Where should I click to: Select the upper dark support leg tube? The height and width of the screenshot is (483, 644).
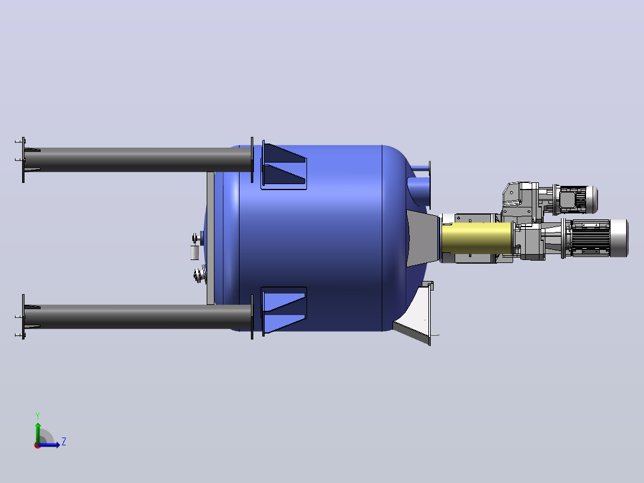pyautogui.click(x=138, y=160)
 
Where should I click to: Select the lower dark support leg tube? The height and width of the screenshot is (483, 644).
pyautogui.click(x=138, y=316)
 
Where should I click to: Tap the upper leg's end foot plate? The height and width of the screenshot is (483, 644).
pyautogui.click(x=23, y=160)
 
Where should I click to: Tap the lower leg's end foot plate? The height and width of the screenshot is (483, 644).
pyautogui.click(x=23, y=316)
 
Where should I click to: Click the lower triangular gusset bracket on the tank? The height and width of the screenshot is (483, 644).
pyautogui.click(x=284, y=310)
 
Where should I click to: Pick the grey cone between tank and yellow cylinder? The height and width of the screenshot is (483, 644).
pyautogui.click(x=423, y=238)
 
